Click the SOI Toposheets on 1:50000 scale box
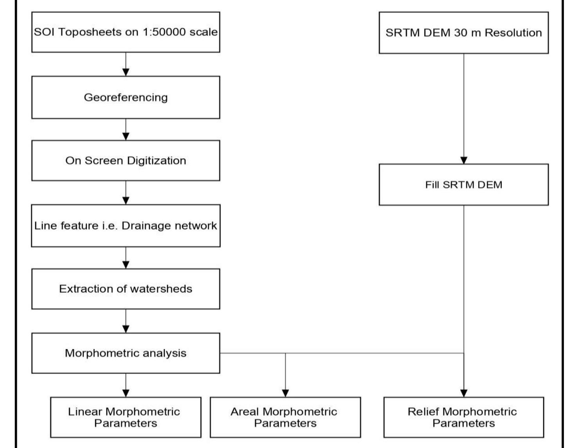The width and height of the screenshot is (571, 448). click(125, 32)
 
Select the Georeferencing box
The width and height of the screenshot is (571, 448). click(125, 98)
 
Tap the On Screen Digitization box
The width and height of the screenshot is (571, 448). click(125, 161)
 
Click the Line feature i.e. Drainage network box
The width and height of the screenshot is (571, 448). click(125, 226)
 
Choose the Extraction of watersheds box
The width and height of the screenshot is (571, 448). click(125, 289)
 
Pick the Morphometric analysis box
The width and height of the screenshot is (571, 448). click(125, 353)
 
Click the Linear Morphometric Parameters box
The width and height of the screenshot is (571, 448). click(125, 417)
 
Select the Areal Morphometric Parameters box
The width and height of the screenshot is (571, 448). click(285, 417)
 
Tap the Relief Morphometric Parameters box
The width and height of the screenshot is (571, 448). click(463, 417)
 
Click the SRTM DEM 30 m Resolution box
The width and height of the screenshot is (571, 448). click(463, 33)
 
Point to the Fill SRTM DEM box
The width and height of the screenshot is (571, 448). click(463, 185)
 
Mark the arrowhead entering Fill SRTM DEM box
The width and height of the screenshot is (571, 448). click(464, 160)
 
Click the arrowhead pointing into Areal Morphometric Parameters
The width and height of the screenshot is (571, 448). click(285, 393)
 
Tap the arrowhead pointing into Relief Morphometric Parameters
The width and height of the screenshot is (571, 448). click(464, 393)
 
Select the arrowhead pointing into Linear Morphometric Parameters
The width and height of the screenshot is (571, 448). click(126, 393)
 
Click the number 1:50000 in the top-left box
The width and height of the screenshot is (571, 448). click(164, 32)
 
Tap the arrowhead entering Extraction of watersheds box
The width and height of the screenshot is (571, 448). click(126, 265)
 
